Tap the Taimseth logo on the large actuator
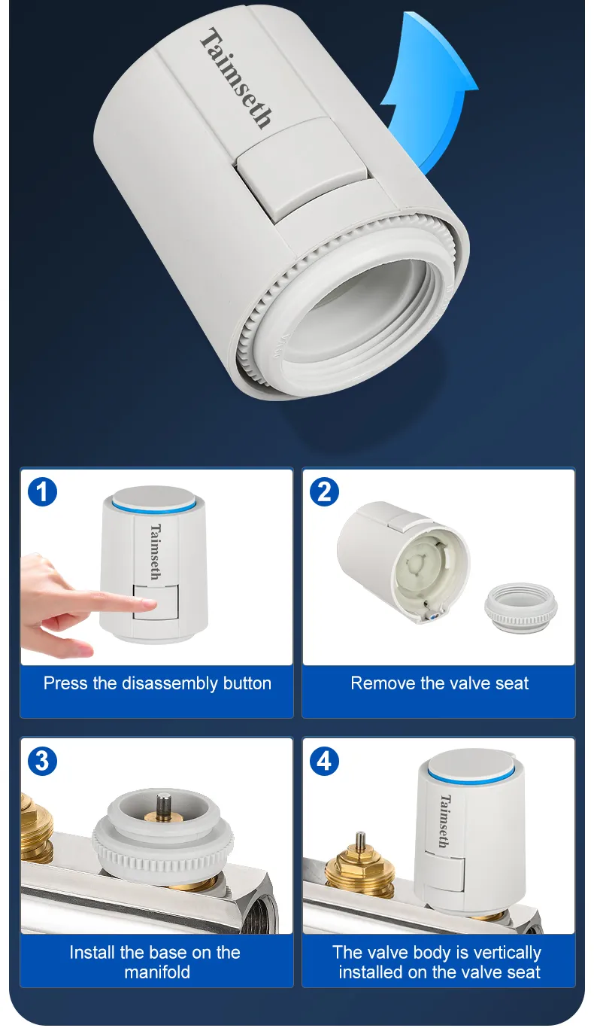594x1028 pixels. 235,78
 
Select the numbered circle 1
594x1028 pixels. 42,492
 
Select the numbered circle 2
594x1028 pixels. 324,492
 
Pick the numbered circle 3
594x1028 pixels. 42,761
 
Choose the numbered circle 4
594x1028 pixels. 324,761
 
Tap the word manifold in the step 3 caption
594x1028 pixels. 157,972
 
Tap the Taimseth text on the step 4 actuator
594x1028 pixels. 444,821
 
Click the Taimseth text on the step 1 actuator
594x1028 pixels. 156,552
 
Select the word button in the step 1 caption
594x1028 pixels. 247,683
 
